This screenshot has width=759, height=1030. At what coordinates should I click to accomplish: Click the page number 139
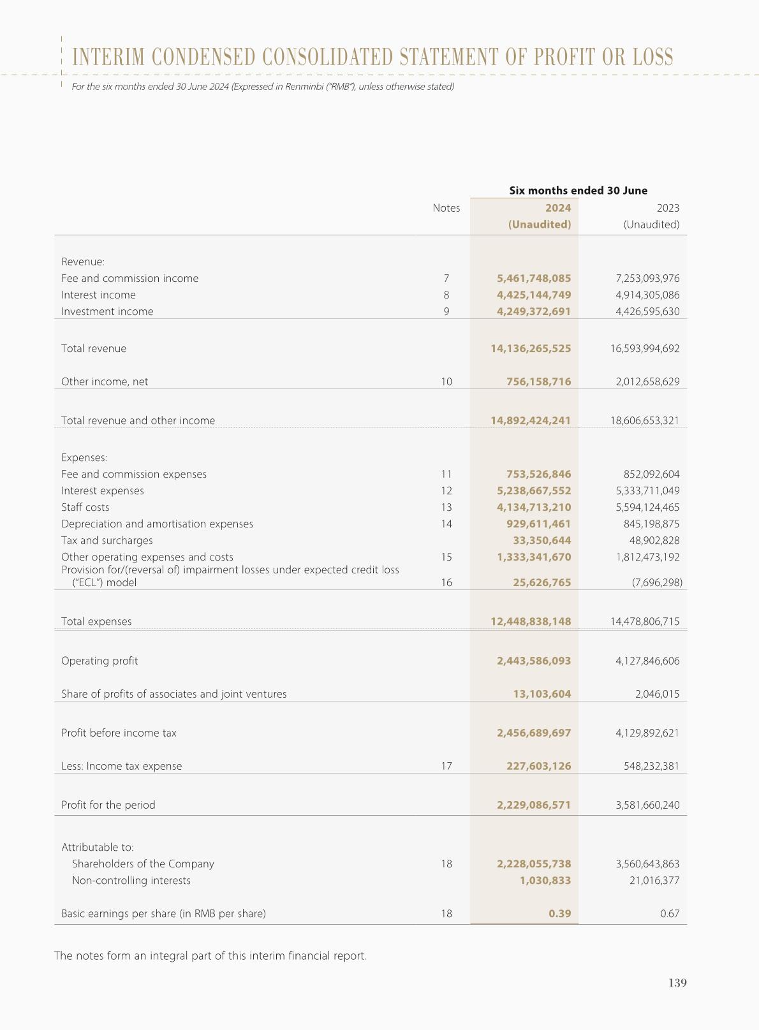(677, 983)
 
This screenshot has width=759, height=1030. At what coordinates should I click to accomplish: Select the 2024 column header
(558, 208)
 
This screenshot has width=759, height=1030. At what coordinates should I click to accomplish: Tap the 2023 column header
(668, 208)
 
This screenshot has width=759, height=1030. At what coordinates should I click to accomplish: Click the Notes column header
(446, 208)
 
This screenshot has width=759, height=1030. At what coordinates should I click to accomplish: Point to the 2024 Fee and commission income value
(534, 278)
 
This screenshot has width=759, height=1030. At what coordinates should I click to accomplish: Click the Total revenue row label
(94, 348)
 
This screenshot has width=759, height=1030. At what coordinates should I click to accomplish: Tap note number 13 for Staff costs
(446, 507)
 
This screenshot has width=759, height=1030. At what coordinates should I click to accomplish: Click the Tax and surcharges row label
(107, 540)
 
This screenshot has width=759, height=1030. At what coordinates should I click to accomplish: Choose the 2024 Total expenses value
(531, 621)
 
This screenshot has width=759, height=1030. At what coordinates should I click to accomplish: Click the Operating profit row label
(99, 661)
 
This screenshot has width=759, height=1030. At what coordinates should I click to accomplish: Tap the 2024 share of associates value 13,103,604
(542, 694)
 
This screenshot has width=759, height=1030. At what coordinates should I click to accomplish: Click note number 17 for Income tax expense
(446, 766)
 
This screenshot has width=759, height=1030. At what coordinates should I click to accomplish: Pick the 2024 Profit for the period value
(534, 805)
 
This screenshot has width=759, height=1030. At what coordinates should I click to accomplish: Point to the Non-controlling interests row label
(131, 880)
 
